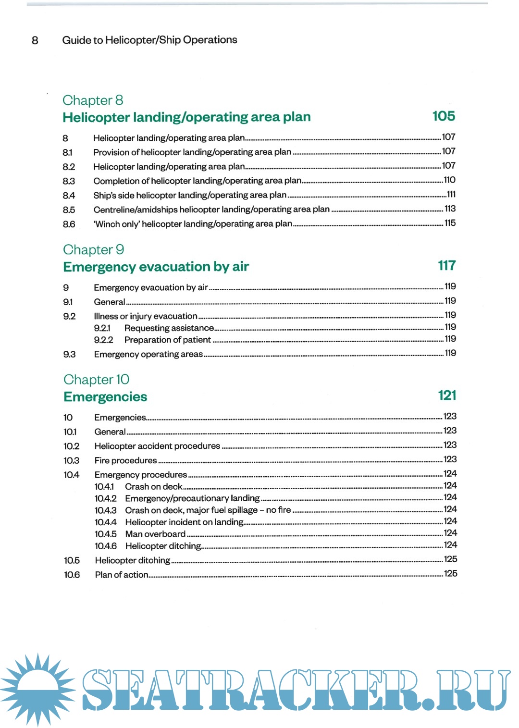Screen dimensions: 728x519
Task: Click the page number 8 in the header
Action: pyautogui.click(x=35, y=40)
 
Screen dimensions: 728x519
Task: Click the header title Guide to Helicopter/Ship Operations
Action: pyautogui.click(x=149, y=40)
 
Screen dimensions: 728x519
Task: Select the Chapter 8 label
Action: pyautogui.click(x=93, y=100)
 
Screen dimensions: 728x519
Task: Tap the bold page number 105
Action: pyautogui.click(x=443, y=116)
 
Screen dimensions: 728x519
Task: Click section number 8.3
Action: pyautogui.click(x=69, y=181)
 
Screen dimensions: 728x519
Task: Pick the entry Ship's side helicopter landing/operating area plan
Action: pyautogui.click(x=190, y=195)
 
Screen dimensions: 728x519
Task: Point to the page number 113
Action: pyautogui.click(x=450, y=209)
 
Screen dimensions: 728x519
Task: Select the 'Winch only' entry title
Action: pyautogui.click(x=193, y=224)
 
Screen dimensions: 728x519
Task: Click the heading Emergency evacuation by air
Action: pyautogui.click(x=156, y=267)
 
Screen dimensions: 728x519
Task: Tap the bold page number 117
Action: pyautogui.click(x=446, y=266)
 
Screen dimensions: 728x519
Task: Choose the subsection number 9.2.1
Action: pyautogui.click(x=102, y=328)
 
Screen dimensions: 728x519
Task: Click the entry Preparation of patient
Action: pyautogui.click(x=167, y=340)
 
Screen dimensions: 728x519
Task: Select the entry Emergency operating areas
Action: pyautogui.click(x=148, y=354)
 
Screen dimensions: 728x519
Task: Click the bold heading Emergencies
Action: pyautogui.click(x=105, y=397)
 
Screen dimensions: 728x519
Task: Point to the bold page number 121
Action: pyautogui.click(x=447, y=395)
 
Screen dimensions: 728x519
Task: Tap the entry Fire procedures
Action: pyautogui.click(x=126, y=460)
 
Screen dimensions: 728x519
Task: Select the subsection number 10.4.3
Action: pyautogui.click(x=105, y=510)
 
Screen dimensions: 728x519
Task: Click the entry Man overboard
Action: pyautogui.click(x=155, y=534)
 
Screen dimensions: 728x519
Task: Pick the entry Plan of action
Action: pyautogui.click(x=122, y=575)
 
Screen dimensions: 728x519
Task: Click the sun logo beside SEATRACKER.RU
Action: pyautogui.click(x=37, y=689)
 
